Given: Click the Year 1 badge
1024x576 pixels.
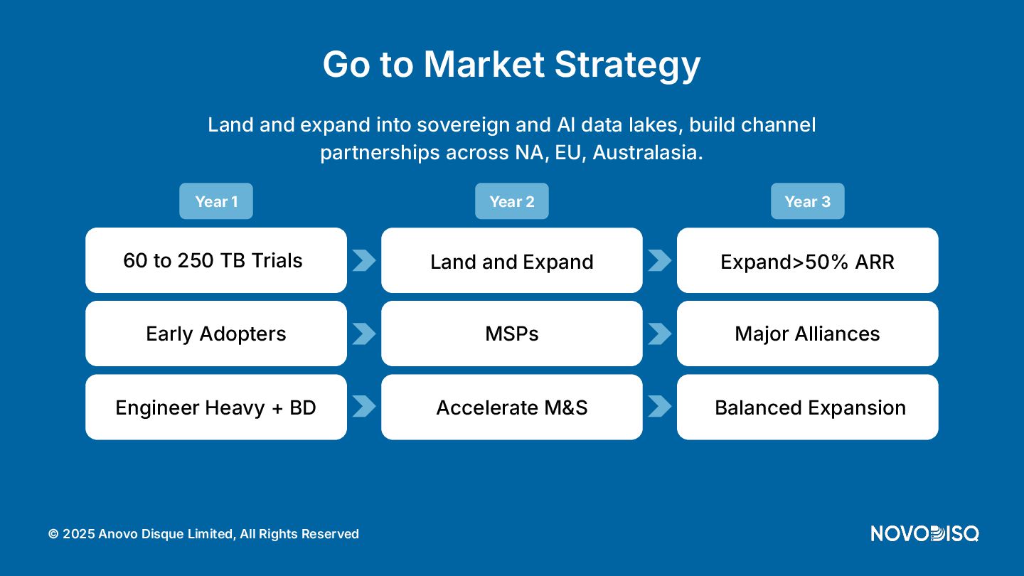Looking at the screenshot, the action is [215, 201].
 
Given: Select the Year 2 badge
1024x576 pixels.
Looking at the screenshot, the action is [511, 201].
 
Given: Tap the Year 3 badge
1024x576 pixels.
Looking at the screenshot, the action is [807, 201].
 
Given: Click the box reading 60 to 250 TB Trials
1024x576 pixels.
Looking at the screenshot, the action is [215, 260].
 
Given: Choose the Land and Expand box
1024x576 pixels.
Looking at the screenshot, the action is [511, 260].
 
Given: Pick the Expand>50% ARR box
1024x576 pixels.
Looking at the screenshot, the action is [807, 260].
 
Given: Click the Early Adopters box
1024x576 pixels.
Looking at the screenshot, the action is [215, 334].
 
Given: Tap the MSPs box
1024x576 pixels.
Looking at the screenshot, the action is [511, 334].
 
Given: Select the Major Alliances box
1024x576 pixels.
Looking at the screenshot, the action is [807, 334].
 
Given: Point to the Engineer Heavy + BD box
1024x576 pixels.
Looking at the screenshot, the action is [215, 407].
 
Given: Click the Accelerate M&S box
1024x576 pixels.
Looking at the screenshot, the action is [511, 407].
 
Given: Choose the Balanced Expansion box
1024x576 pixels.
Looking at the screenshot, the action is [807, 407].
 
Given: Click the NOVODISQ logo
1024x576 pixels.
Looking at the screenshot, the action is [924, 533].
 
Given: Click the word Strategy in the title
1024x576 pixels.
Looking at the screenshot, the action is [627, 65].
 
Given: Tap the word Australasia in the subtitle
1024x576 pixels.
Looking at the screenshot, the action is [648, 152].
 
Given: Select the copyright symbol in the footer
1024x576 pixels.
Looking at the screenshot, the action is [53, 534].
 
